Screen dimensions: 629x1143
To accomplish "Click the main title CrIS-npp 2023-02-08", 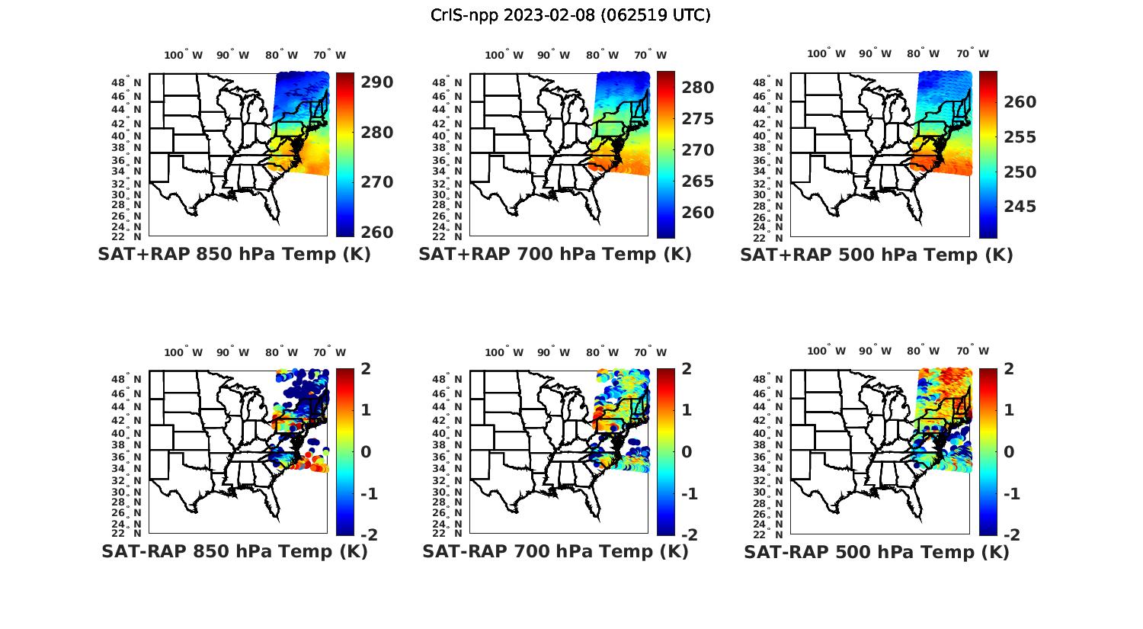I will [x=570, y=15].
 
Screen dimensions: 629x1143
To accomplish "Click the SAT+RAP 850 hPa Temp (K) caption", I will [x=234, y=255].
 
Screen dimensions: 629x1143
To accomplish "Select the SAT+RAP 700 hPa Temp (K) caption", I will [x=555, y=255].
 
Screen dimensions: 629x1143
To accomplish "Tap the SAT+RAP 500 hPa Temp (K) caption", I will [x=876, y=255].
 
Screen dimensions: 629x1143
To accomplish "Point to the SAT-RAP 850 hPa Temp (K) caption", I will [x=234, y=551].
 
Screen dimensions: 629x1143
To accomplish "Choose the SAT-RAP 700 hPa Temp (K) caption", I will [x=555, y=551].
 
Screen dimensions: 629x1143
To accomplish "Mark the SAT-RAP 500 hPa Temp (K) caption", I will [x=876, y=551].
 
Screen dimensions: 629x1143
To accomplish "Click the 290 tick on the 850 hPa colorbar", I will [x=376, y=82].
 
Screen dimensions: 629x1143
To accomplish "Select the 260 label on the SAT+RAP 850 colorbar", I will [x=376, y=233].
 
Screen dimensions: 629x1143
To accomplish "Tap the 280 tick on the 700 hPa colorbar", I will [x=698, y=88].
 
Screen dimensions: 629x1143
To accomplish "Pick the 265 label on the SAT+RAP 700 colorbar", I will [x=698, y=181].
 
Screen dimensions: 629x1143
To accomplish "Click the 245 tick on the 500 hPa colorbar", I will [x=1020, y=207].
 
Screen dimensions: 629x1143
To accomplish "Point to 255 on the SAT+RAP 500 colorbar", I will [x=1020, y=137].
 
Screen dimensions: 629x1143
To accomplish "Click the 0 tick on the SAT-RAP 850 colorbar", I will [x=365, y=452].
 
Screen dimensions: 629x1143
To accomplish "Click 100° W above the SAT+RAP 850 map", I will [x=184, y=55].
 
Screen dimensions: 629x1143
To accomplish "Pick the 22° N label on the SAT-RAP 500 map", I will [x=776, y=533].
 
